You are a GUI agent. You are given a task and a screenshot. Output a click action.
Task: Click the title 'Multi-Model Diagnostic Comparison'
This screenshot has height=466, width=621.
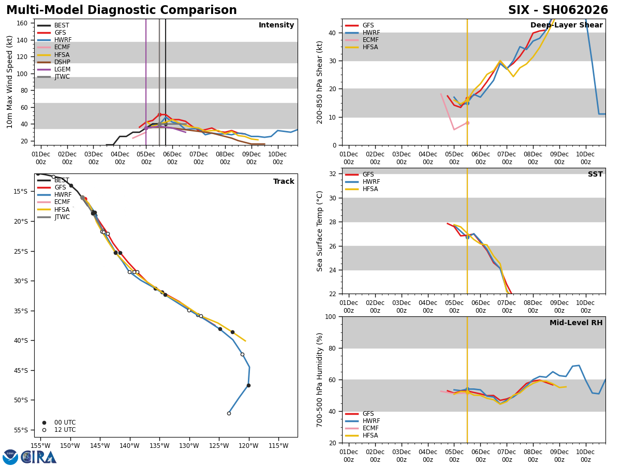[x=122, y=10]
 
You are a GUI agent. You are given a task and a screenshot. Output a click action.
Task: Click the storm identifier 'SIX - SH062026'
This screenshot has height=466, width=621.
[x=558, y=10]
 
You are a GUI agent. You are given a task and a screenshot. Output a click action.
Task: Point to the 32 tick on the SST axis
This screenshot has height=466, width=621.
[x=333, y=174]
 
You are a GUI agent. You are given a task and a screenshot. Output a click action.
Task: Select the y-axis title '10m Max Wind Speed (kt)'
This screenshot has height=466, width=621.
[x=10, y=82]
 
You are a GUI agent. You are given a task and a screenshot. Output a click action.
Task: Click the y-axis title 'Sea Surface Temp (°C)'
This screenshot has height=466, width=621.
[x=320, y=231]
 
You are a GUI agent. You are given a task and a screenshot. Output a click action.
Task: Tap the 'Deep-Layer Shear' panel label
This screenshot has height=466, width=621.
[x=566, y=25]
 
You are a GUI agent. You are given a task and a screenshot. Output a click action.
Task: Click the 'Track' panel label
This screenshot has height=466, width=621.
[x=284, y=182]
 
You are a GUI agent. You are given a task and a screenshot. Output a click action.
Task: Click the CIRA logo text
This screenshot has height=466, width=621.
[x=39, y=457]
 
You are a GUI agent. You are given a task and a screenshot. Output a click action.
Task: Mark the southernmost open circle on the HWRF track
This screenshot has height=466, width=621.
[x=229, y=413]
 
